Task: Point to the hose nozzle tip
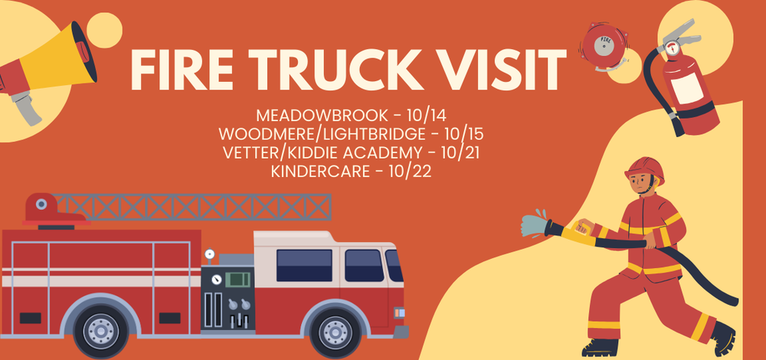click(x=531, y=224)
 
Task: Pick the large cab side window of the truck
click(x=304, y=265)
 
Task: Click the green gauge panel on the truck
click(x=238, y=278)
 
